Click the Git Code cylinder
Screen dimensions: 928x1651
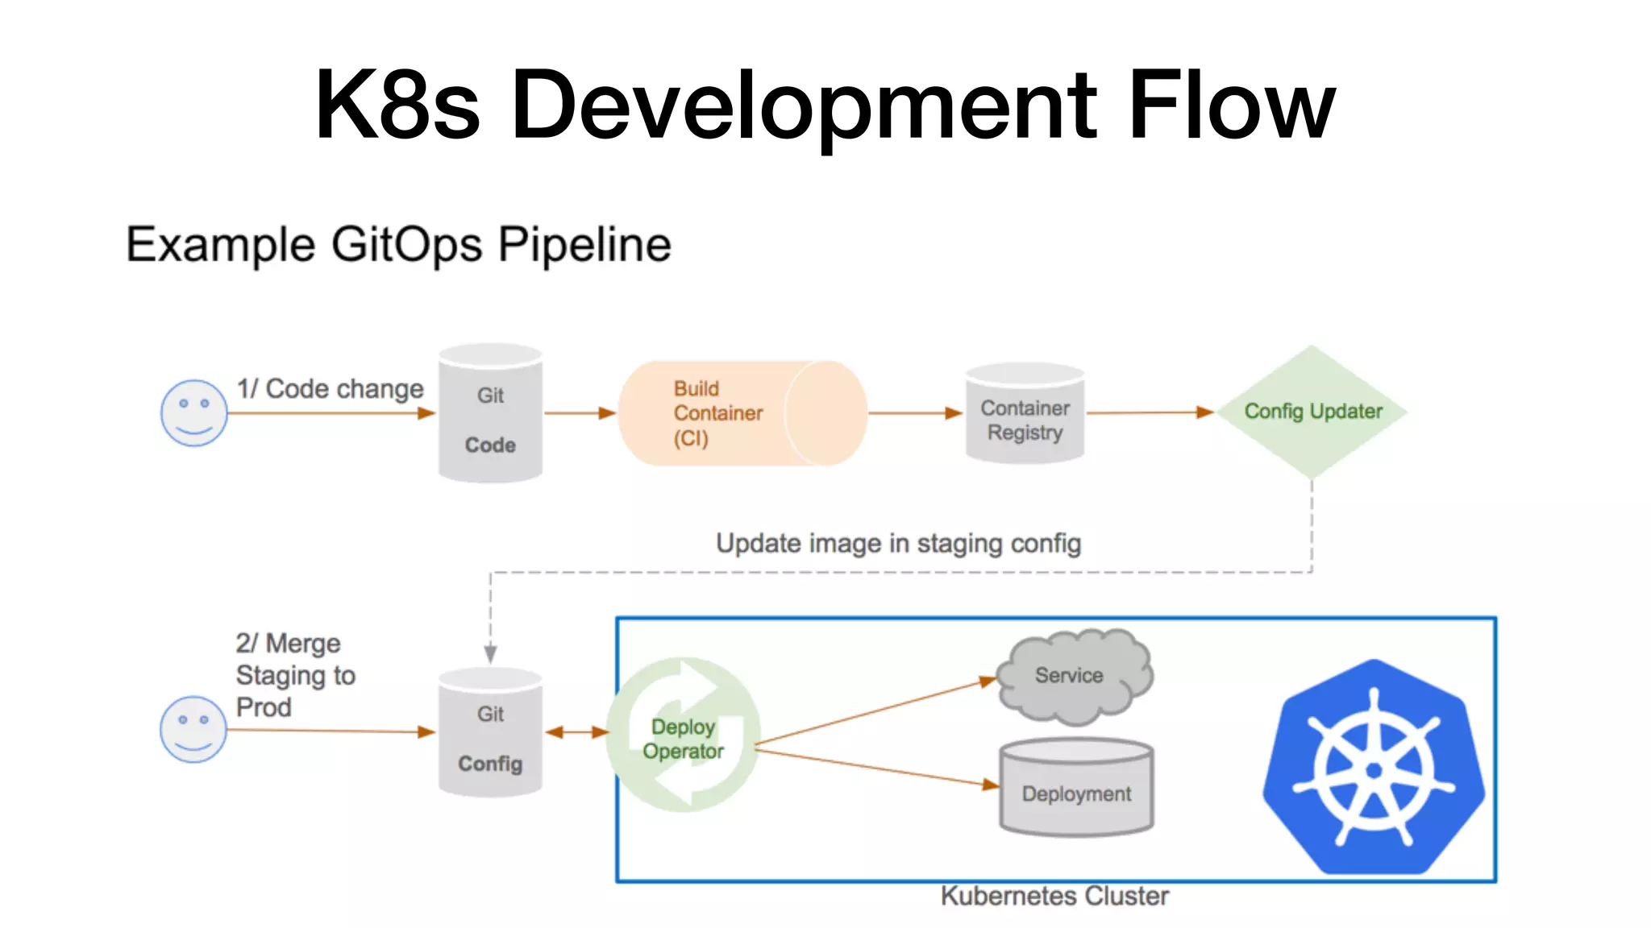click(490, 414)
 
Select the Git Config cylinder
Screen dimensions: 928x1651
click(490, 733)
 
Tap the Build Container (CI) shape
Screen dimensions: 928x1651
click(742, 413)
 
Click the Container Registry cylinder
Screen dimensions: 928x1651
click(1025, 414)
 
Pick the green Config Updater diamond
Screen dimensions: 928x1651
click(1312, 412)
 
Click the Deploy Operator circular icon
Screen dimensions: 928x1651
click(683, 735)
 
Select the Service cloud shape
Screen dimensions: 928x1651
click(1072, 676)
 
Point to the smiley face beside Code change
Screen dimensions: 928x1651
click(193, 412)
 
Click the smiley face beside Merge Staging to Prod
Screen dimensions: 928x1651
click(193, 729)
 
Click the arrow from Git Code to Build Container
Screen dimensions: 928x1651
click(579, 413)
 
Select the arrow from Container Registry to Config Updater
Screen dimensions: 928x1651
click(1149, 412)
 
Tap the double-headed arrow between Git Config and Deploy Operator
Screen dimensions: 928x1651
click(576, 732)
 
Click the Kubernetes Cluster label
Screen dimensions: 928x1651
click(1054, 896)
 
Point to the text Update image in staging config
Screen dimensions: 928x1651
click(898, 544)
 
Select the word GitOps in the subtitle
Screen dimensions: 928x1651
click(406, 245)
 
